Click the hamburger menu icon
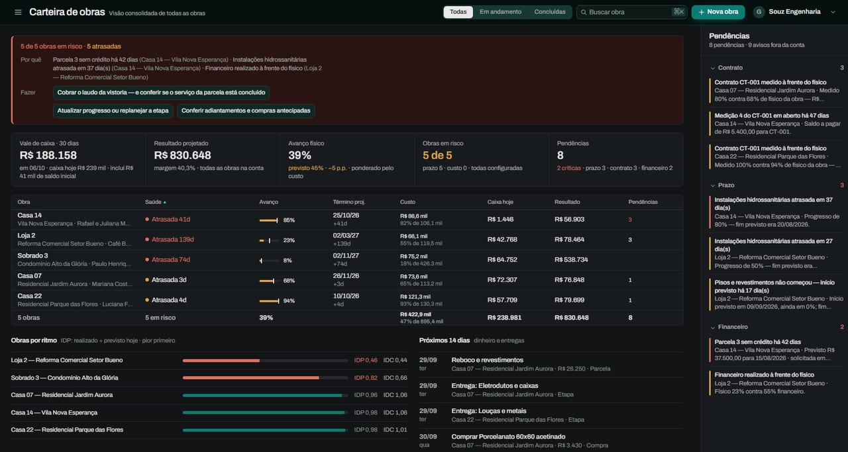tap(18, 12)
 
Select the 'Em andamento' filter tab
tap(500, 12)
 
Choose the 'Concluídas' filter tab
tap(550, 12)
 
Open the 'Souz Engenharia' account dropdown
tap(794, 12)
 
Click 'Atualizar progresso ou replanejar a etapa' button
tap(113, 111)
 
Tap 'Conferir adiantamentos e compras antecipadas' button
tap(246, 111)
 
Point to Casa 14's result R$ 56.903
tap(569, 219)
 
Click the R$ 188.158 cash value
tap(48, 155)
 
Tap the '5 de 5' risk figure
tap(437, 155)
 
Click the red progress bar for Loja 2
tap(221, 361)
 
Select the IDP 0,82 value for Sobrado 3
tap(366, 378)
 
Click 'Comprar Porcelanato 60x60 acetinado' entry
tap(508, 437)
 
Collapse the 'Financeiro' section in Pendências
tap(712, 327)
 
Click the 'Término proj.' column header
tap(349, 202)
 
